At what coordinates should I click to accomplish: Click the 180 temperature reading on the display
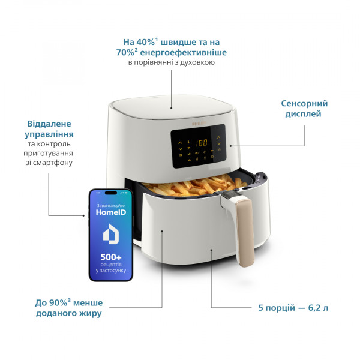202,143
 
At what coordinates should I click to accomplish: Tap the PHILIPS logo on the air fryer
199,124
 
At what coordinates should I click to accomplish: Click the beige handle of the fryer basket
245,232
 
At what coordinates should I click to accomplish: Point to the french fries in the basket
195,185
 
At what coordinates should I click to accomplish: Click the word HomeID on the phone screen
111,212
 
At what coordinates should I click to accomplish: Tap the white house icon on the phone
111,234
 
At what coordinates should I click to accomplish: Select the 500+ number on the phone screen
111,257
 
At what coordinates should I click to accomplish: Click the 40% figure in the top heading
146,42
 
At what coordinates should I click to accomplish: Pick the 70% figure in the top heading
125,53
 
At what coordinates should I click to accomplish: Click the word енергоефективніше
183,53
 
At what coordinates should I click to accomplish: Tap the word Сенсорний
304,104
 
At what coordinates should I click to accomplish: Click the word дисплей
303,114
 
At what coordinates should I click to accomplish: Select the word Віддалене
49,124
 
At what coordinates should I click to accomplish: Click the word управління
49,134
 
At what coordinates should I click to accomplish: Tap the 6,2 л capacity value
318,308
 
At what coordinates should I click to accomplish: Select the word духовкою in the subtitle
197,62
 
